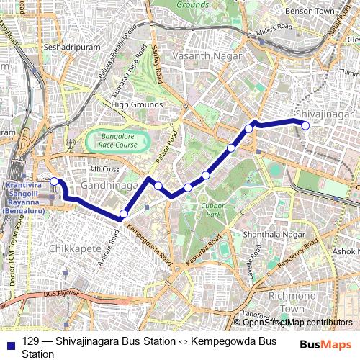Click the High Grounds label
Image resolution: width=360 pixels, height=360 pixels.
click(x=137, y=104)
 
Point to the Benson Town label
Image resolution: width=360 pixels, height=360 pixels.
click(x=330, y=12)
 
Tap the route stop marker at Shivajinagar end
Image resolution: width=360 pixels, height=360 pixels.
click(x=305, y=125)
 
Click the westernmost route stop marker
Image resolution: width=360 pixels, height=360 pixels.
click(x=53, y=181)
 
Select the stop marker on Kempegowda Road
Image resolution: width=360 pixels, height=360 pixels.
click(x=124, y=214)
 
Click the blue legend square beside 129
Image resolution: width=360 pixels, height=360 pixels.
click(x=12, y=342)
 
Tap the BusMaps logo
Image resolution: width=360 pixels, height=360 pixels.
click(x=326, y=345)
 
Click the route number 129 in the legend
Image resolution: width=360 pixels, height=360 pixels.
click(x=30, y=341)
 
